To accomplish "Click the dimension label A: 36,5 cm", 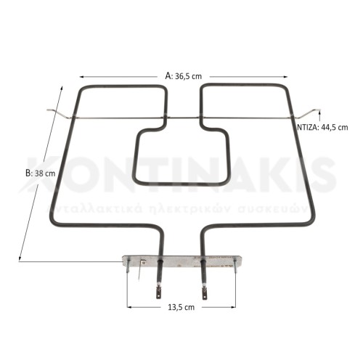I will coord(183,75).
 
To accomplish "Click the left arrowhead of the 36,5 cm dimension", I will coord(82,76).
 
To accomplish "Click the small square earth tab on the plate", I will coord(143,262).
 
